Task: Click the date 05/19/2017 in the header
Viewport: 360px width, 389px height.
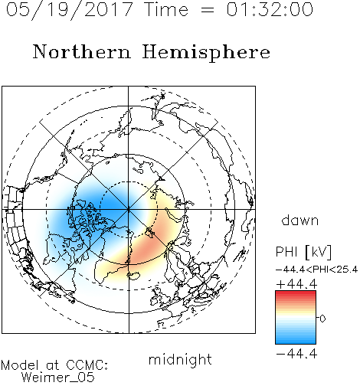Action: [70, 10]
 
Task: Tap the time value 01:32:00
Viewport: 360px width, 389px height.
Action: [270, 10]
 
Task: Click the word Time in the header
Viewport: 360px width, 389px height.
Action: [166, 10]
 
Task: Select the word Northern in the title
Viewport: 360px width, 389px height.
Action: [82, 51]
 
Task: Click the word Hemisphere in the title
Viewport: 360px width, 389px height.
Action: [206, 53]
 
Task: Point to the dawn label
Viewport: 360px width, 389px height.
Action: [300, 220]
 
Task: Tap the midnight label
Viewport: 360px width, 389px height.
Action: [180, 359]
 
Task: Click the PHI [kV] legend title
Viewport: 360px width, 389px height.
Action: [304, 252]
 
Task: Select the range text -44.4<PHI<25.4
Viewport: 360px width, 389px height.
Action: [316, 270]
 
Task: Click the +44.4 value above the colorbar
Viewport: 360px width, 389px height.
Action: [296, 284]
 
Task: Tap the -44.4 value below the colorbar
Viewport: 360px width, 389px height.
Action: [296, 354]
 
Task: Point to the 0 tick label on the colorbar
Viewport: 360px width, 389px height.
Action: [322, 319]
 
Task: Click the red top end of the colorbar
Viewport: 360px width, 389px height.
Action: [296, 293]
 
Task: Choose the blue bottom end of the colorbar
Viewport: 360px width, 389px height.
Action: [296, 342]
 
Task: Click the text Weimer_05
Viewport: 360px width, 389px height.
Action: [58, 378]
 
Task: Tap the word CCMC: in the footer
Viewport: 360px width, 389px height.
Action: [87, 365]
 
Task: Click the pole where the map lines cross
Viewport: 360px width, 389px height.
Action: [129, 209]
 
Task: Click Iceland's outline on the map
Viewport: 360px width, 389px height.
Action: [133, 276]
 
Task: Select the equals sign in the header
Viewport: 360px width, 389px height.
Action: [207, 11]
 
